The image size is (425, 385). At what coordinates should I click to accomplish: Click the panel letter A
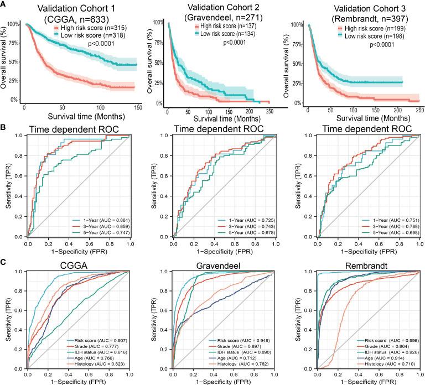(4, 5)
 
